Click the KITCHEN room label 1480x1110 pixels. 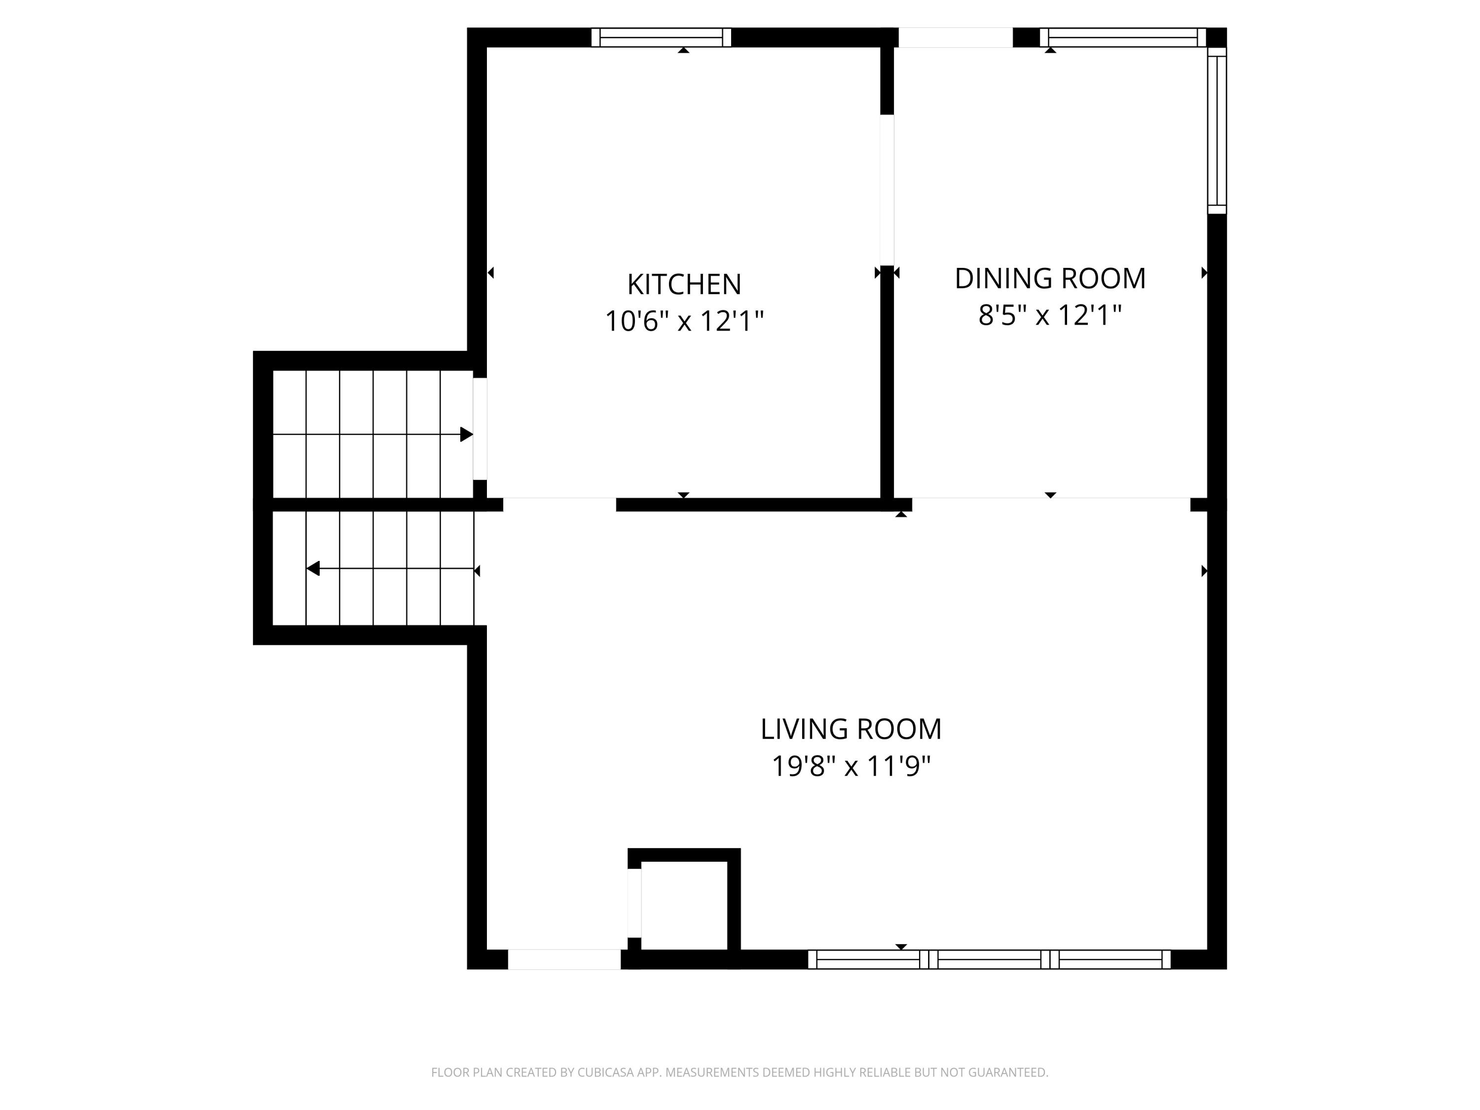(684, 284)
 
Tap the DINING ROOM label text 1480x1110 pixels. (1050, 278)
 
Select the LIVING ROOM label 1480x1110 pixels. (851, 729)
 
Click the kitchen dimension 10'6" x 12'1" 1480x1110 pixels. (684, 321)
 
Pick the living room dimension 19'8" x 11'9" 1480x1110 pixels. (851, 766)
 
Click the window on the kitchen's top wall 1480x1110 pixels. (661, 37)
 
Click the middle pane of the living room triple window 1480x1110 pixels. (989, 960)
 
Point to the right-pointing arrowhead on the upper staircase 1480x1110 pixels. (466, 434)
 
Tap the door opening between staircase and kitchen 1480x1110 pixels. (480, 429)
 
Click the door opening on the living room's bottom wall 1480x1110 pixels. (564, 960)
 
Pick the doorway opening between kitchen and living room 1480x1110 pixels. (559, 505)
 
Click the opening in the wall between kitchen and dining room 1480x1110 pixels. (887, 190)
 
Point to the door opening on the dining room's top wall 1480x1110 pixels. (955, 37)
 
